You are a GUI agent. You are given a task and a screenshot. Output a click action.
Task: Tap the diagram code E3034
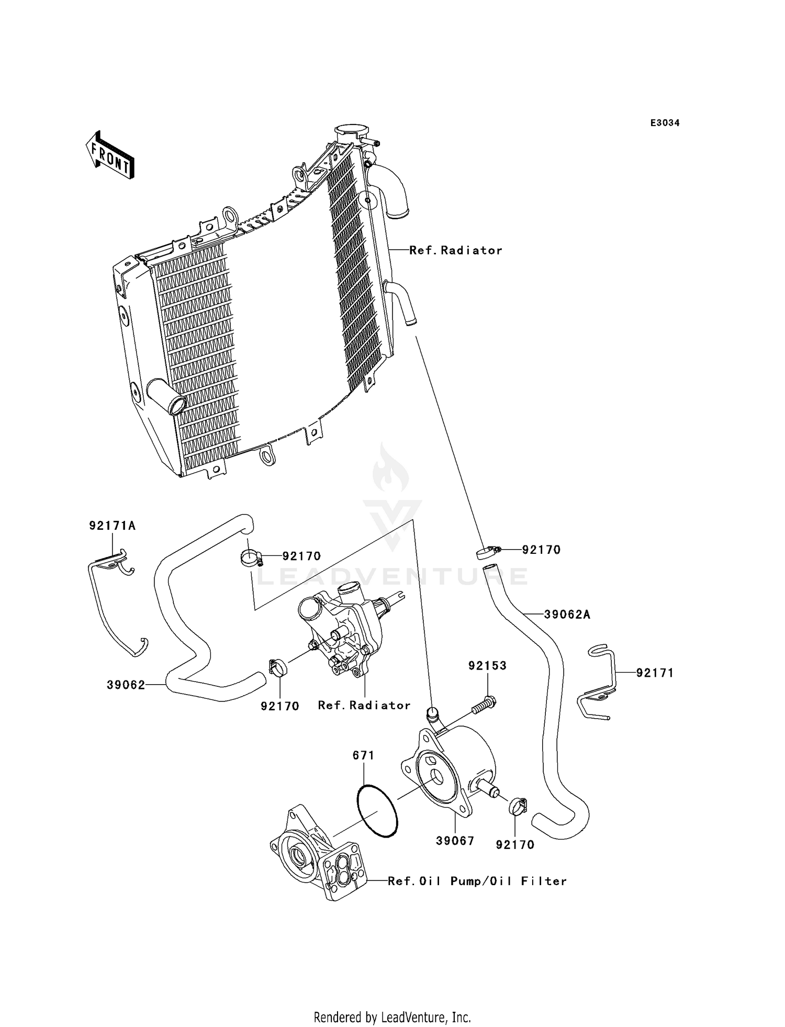pos(665,123)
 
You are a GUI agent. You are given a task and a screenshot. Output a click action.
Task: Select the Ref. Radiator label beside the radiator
pos(455,251)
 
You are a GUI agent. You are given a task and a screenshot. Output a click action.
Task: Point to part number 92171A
pos(112,526)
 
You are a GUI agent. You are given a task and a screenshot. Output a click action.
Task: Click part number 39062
pos(126,685)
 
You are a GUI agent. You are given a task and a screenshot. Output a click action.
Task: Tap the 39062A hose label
pos(567,615)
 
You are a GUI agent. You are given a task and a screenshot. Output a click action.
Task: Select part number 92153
pos(487,666)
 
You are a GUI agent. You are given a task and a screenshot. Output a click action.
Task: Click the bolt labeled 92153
pos(484,704)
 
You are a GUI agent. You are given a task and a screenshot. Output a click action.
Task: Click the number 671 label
pos(363,755)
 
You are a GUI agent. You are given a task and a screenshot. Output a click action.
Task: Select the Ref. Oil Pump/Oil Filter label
pos(477,881)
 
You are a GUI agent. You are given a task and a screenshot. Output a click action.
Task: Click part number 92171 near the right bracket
pos(655,673)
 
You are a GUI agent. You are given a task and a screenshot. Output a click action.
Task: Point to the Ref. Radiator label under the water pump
pos(364,705)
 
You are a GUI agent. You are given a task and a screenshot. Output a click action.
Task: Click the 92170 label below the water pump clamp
pos(280,706)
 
